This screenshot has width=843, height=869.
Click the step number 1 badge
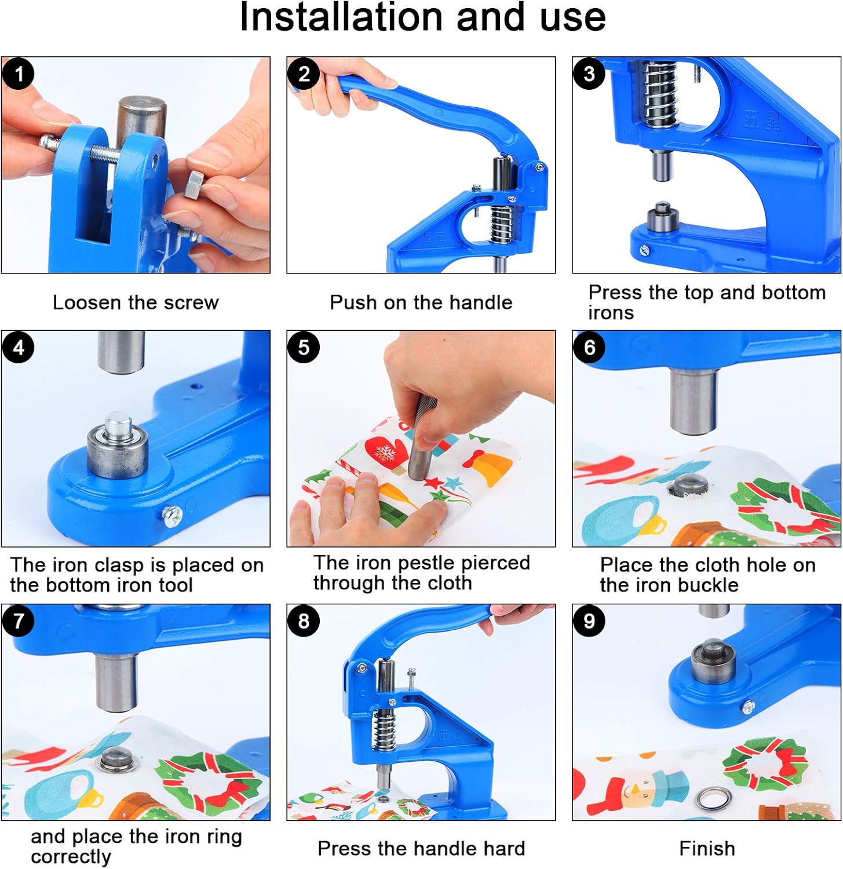pyautogui.click(x=18, y=74)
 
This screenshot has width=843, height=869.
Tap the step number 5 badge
pyautogui.click(x=303, y=348)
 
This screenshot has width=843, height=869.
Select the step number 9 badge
pyautogui.click(x=589, y=621)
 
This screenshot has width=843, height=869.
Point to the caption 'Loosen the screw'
pyautogui.click(x=136, y=302)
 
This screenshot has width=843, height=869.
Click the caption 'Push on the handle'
pyautogui.click(x=421, y=302)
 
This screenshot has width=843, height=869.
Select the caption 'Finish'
pyautogui.click(x=706, y=849)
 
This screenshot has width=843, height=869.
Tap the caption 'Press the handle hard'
pyautogui.click(x=421, y=849)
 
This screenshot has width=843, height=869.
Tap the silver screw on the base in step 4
pyautogui.click(x=173, y=515)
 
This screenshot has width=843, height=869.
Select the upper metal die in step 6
pyautogui.click(x=692, y=400)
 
